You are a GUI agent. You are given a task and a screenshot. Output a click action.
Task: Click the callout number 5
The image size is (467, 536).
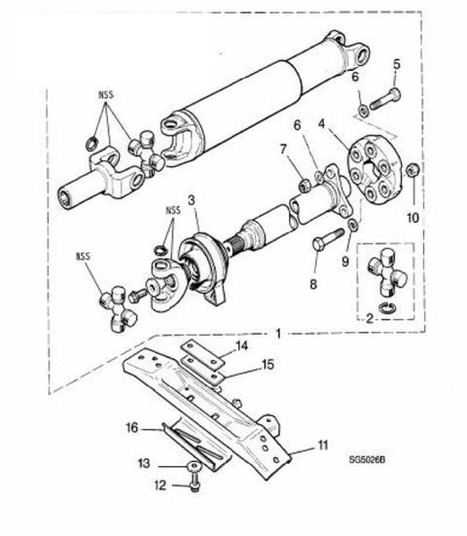pos(396,64)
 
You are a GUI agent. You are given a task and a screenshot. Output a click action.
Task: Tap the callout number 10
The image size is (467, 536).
pos(413,217)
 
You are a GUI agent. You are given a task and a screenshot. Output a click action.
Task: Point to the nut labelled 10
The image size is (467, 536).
pos(413,169)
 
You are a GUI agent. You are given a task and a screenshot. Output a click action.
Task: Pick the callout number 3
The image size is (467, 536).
pos(191,200)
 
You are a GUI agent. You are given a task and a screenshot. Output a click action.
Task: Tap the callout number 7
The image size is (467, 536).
pos(283,150)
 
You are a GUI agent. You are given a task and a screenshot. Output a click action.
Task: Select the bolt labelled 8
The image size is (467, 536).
pos(328,239)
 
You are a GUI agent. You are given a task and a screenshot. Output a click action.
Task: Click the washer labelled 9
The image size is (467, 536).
pos(353,225)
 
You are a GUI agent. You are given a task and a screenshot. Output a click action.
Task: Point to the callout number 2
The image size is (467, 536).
pos(370,319)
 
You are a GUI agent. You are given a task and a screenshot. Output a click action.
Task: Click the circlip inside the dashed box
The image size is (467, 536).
pos(387,307)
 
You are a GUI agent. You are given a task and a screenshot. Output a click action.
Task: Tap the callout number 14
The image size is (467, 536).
pos(241,346)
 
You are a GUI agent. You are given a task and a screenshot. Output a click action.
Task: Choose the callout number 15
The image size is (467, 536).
pos(268,365)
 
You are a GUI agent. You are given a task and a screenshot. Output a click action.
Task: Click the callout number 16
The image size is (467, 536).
pos(132,428)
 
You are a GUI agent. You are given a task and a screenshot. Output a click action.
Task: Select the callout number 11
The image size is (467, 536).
pos(322,446)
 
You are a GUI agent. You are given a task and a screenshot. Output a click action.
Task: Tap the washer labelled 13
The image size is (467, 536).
pos(195,466)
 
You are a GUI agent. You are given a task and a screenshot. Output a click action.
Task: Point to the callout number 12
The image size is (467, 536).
pos(160,485)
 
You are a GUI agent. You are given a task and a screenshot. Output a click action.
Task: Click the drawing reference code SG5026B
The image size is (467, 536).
pos(367,460)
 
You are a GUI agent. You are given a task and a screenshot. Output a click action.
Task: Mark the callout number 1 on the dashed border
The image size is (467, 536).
pos(278,334)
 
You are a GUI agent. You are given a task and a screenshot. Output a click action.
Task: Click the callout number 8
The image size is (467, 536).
pos(313,284)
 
